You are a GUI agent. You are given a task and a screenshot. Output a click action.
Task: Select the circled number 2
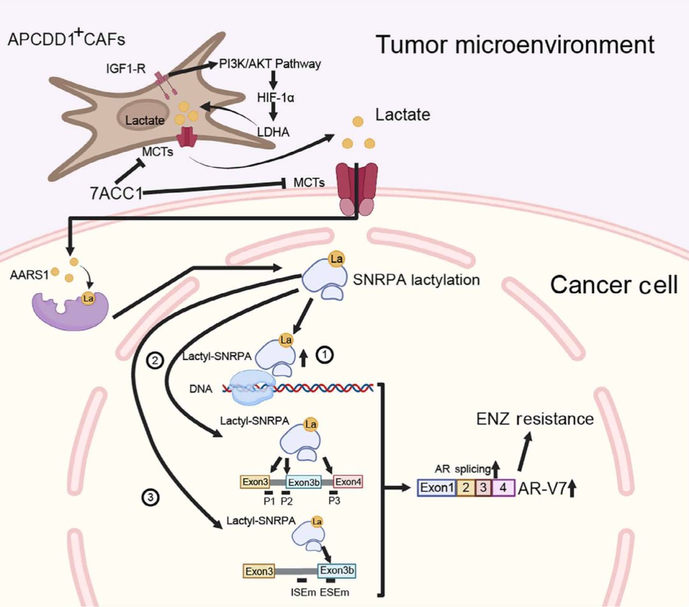click(155, 360)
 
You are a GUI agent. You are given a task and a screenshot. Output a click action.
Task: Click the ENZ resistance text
click(535, 419)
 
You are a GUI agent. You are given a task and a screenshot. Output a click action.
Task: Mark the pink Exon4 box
click(348, 481)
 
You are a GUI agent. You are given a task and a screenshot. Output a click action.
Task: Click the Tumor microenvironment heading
click(514, 45)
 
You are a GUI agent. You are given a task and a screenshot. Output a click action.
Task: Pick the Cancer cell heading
click(614, 285)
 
